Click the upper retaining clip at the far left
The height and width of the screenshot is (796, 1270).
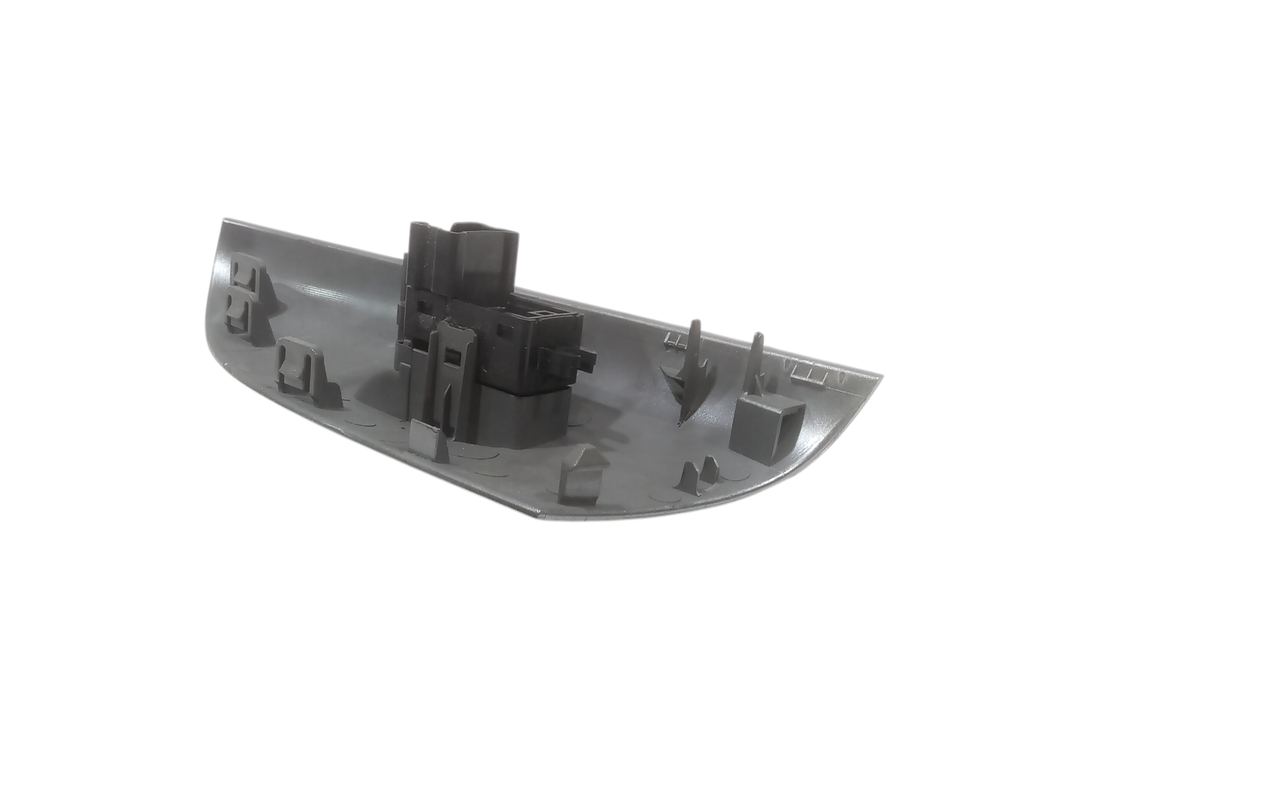(243, 274)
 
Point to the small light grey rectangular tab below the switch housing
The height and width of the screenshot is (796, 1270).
(425, 437)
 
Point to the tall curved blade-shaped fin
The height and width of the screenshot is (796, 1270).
(692, 368)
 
